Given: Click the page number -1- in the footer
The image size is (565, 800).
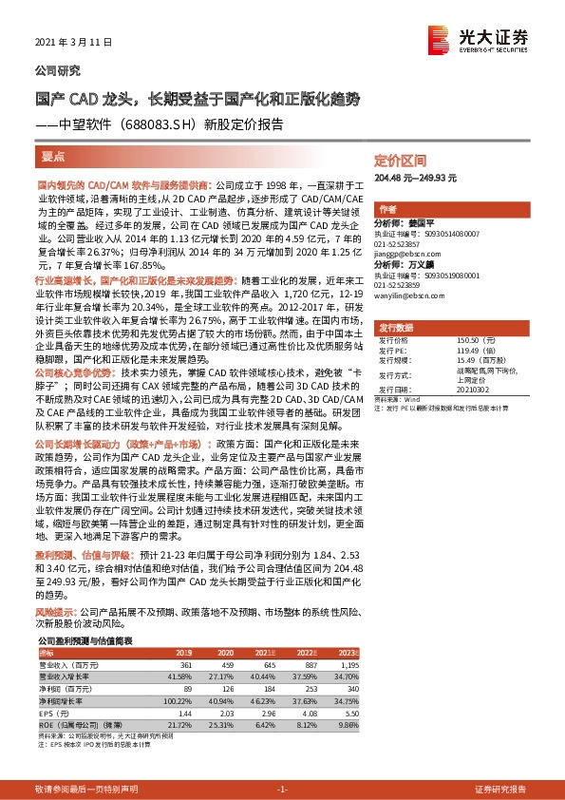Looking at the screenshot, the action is click(282, 790).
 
